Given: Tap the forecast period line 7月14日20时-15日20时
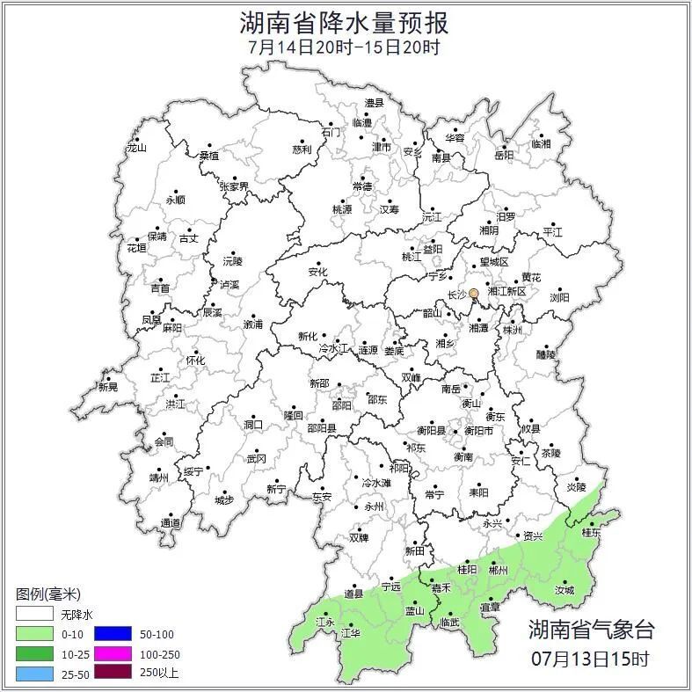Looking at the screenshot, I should pos(345,47).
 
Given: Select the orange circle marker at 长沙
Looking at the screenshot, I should pos(474,294).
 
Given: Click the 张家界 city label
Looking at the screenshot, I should pos(234,186).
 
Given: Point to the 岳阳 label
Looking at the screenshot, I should pos(504,156).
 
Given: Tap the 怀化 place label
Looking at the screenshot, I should pos(195,361).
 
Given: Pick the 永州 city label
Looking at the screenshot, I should pos(375,507).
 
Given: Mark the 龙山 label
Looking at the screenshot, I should pos(136,148).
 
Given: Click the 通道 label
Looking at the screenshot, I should pos(171,524).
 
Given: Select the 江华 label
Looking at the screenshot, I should pos(351,632).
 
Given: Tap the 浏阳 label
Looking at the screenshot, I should pos(559,298).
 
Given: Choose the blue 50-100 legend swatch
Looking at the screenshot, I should pos(113,634).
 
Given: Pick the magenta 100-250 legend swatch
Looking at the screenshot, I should pos(113,653).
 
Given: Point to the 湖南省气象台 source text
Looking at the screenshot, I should pos(591,630).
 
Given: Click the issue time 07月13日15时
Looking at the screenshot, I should pos(591,658).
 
